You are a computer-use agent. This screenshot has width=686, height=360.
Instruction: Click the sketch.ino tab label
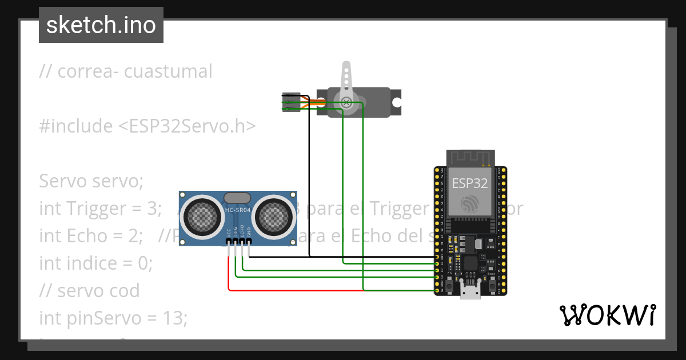tap(101, 25)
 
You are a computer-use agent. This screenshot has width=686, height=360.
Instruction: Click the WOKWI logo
tap(607, 315)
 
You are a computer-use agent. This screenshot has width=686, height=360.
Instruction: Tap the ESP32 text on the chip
tap(470, 183)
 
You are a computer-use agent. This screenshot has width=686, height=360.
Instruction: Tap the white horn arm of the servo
tap(346, 80)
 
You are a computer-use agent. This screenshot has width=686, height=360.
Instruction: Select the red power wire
tap(286, 290)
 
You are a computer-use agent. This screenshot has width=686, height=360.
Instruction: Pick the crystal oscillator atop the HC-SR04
tap(237, 198)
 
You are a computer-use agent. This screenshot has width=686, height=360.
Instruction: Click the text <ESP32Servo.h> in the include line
tap(187, 126)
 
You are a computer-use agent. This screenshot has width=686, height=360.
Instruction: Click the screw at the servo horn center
tap(346, 103)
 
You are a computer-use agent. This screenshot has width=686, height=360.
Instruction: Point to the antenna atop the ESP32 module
tap(470, 157)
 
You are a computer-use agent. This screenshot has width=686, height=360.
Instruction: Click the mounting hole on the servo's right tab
tap(396, 103)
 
